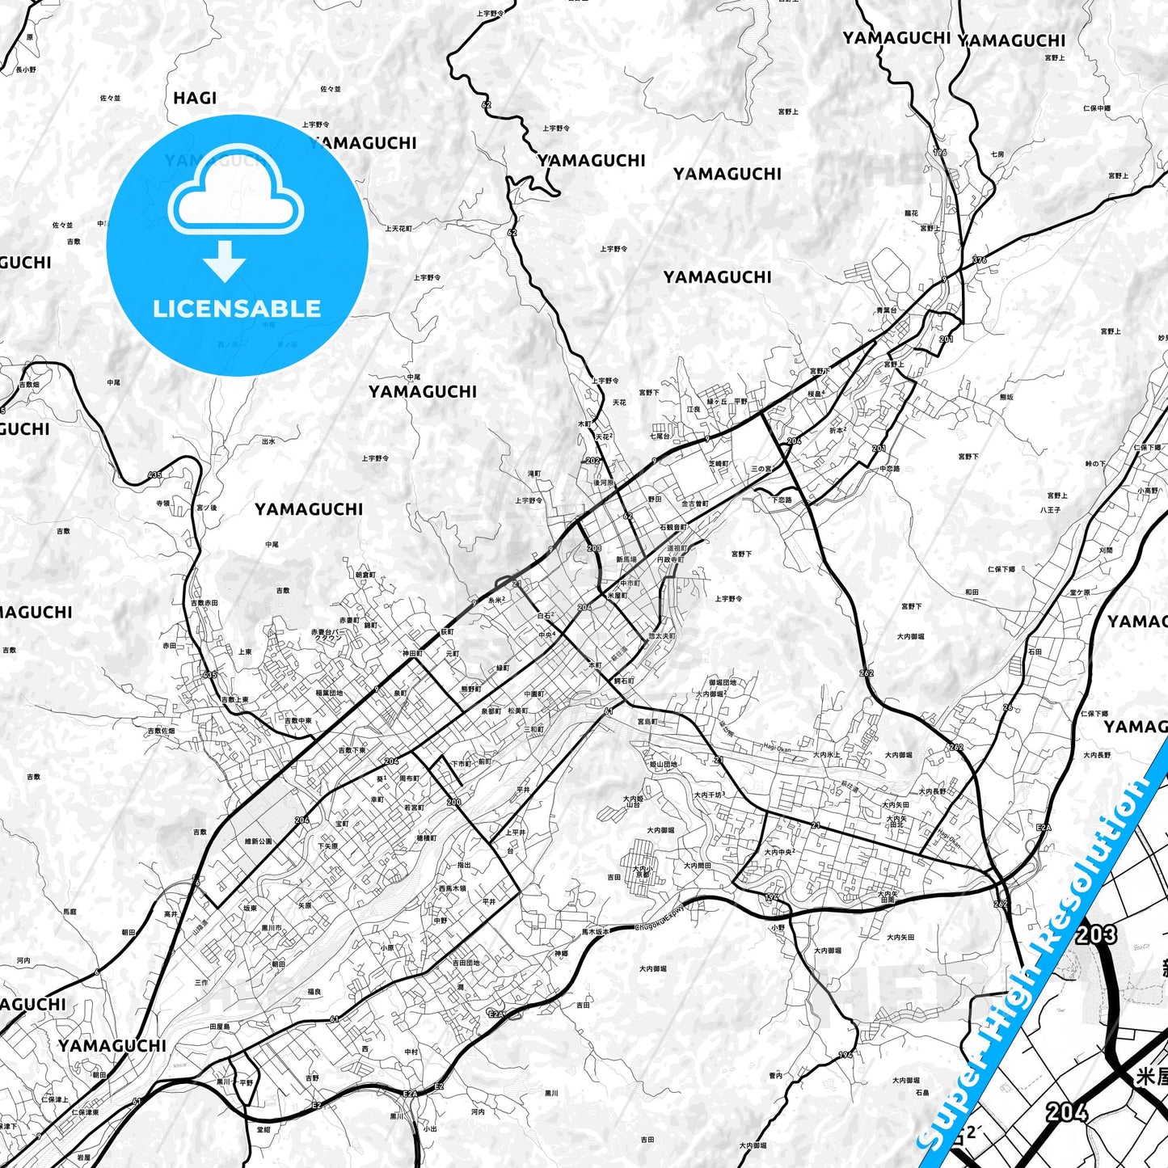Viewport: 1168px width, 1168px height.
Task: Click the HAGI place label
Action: [195, 98]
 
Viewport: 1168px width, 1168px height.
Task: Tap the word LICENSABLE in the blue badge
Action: [237, 309]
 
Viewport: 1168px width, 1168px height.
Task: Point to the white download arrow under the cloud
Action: [225, 261]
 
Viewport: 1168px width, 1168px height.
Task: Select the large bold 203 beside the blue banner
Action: [1097, 934]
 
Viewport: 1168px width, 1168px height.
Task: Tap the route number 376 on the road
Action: [980, 260]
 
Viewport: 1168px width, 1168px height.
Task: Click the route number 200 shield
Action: [453, 803]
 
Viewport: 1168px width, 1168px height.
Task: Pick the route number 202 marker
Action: [593, 461]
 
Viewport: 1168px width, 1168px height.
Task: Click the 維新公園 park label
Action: [259, 841]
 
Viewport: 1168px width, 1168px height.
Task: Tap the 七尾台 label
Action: [660, 436]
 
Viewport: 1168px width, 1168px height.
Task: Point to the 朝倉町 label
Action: [365, 575]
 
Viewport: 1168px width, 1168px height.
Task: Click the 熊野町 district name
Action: [470, 689]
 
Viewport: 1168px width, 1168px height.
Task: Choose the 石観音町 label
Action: [673, 527]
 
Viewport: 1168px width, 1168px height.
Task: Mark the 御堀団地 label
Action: [722, 682]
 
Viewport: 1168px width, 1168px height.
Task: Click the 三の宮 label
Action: [762, 469]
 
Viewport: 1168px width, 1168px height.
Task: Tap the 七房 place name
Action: [997, 154]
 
